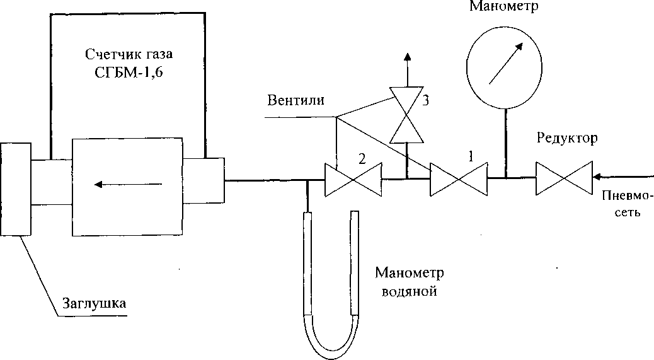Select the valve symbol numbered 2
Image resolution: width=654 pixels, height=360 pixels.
(353, 180)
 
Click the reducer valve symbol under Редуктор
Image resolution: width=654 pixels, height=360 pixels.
(563, 179)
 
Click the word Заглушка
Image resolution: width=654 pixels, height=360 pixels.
(94, 303)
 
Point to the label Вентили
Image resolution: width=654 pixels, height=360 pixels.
(295, 101)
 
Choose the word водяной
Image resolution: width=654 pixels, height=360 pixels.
(409, 292)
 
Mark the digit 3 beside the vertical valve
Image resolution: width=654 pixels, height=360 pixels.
(425, 102)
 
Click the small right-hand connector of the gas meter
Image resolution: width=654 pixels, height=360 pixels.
(204, 180)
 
